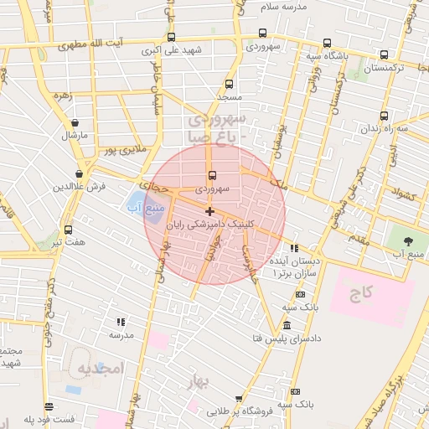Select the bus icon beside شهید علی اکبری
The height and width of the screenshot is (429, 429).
click(x=172, y=37)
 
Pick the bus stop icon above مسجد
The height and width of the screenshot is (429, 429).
click(x=230, y=84)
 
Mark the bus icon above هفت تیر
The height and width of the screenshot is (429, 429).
click(x=68, y=230)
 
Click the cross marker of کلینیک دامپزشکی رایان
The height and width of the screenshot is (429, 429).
click(x=209, y=211)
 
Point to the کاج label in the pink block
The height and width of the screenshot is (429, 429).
click(x=361, y=294)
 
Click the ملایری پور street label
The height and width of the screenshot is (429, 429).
click(x=124, y=151)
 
